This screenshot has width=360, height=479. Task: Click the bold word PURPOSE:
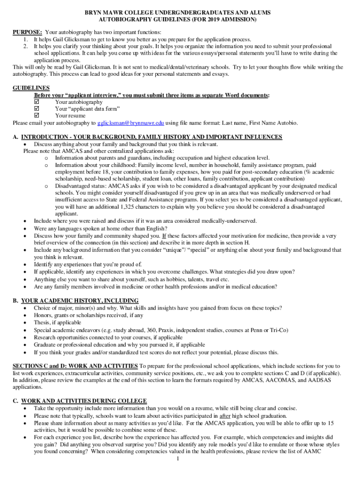point(28,32)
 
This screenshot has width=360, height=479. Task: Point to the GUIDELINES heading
point(31,88)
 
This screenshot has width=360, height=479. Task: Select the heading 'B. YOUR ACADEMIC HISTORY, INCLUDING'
point(75,300)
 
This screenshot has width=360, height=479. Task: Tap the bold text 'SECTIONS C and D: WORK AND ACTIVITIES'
point(75,366)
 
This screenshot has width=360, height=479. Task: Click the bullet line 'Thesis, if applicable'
point(57,323)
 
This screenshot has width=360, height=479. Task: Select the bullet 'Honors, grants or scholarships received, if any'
point(88,315)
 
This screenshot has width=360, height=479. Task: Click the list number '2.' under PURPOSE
point(26,47)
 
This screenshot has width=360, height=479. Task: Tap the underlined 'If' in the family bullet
point(164,236)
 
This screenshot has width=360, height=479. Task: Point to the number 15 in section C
point(331,423)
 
